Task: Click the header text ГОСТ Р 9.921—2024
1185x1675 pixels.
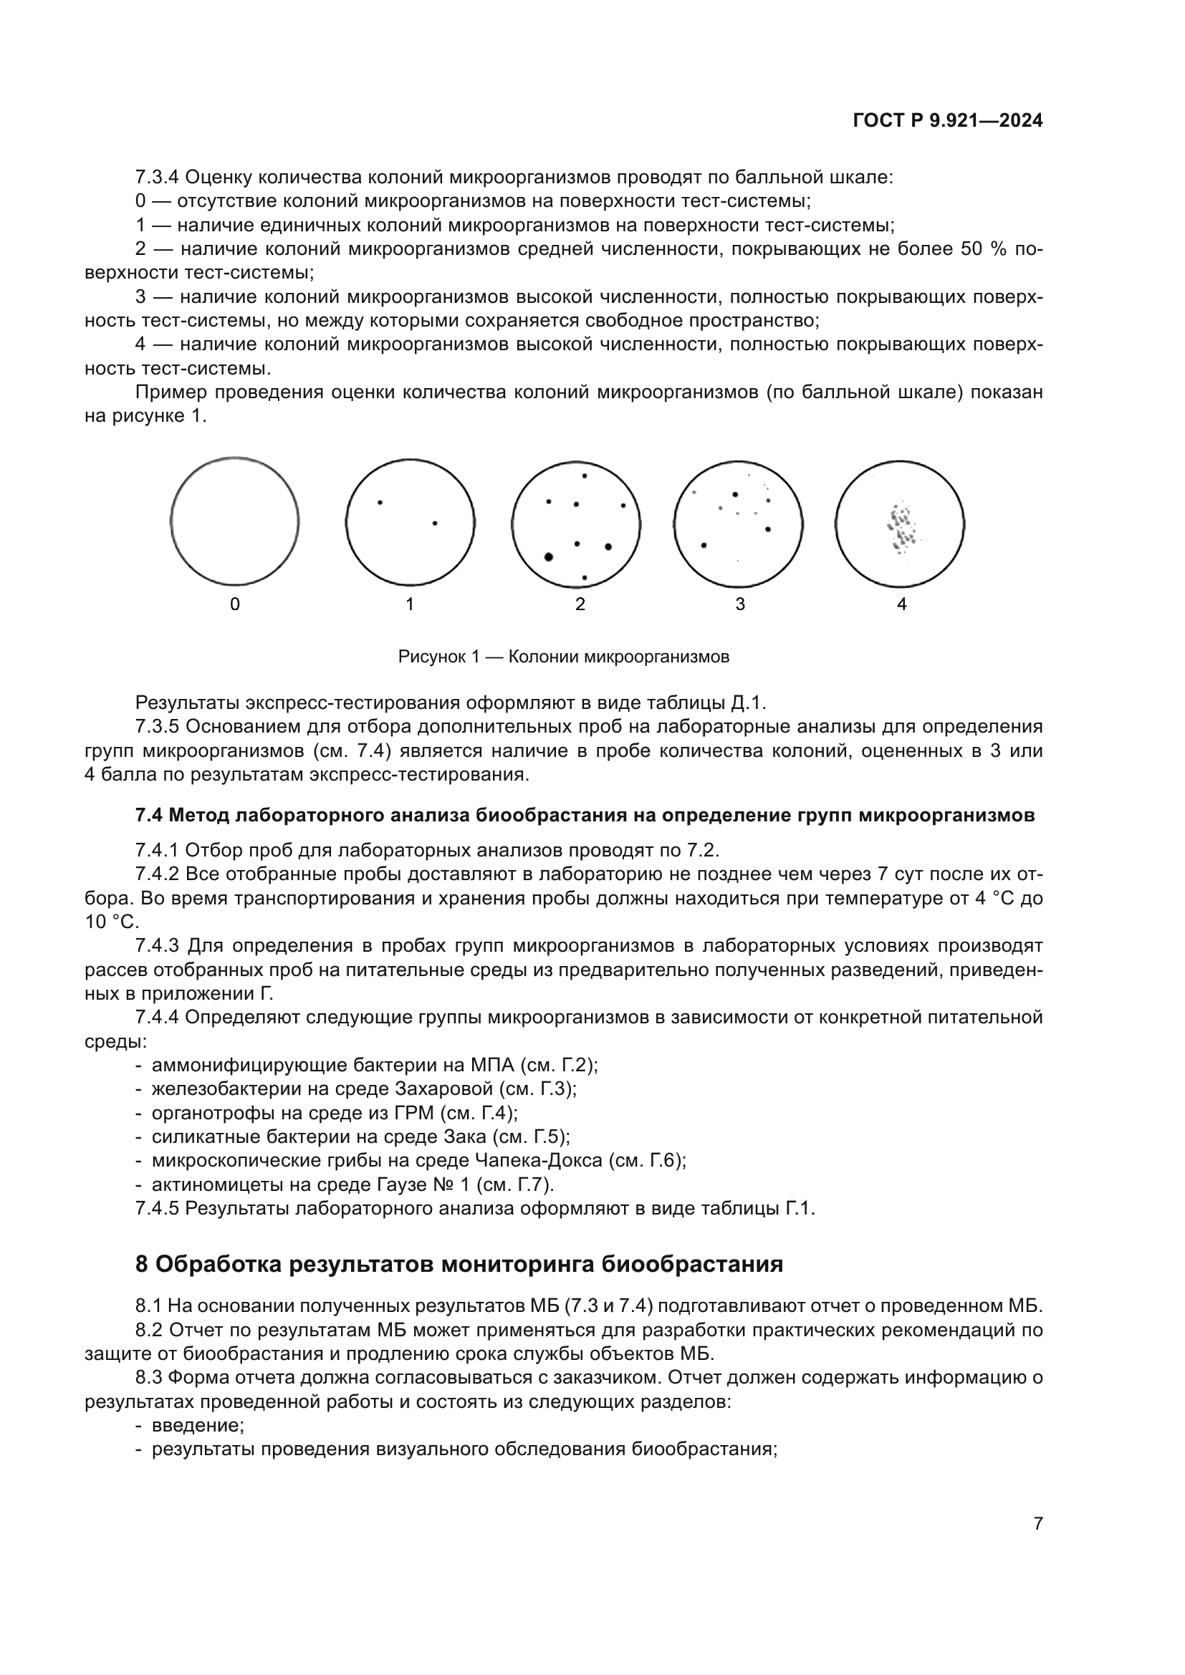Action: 947,121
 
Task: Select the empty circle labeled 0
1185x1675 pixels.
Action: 234,521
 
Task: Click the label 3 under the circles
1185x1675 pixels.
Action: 740,604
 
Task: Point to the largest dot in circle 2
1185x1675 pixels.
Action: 549,556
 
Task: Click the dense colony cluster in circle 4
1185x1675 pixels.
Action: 901,527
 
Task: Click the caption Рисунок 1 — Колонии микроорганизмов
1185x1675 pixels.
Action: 563,657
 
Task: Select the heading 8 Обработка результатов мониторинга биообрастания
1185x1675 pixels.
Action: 459,1263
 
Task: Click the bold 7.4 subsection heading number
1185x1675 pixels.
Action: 149,815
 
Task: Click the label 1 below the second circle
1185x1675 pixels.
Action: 409,604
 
